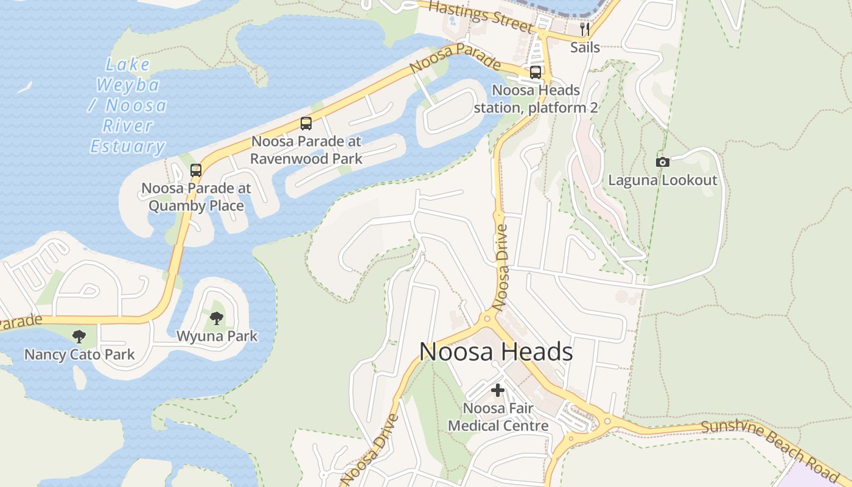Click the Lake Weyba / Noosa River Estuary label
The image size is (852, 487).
click(128, 105)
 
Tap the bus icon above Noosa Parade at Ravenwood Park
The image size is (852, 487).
click(306, 124)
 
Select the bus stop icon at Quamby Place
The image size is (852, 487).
click(196, 170)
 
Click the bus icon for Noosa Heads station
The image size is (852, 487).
click(536, 72)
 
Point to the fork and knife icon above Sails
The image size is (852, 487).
click(585, 29)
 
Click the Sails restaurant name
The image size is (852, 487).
click(585, 47)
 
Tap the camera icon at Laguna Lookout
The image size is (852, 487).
click(663, 162)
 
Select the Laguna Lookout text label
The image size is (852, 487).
click(663, 180)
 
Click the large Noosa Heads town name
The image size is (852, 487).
click(496, 352)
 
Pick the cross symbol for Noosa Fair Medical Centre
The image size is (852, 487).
click(498, 390)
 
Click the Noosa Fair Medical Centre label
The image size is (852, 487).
click(498, 417)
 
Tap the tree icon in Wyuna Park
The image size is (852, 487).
click(217, 318)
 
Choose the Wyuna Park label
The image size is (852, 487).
click(217, 336)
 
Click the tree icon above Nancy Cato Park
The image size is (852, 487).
click(79, 336)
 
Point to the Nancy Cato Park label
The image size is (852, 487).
click(79, 354)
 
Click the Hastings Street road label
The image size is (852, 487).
click(481, 16)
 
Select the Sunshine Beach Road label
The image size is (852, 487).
click(770, 444)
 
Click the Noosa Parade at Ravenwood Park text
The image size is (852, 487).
click(306, 150)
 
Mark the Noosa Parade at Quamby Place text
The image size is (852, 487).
click(196, 197)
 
